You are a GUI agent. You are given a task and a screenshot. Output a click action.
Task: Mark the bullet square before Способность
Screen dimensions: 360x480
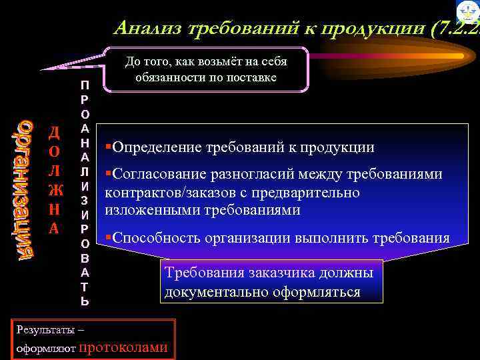pos(108,238)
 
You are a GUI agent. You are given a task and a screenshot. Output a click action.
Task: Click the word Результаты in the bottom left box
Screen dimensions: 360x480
pos(39,329)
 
